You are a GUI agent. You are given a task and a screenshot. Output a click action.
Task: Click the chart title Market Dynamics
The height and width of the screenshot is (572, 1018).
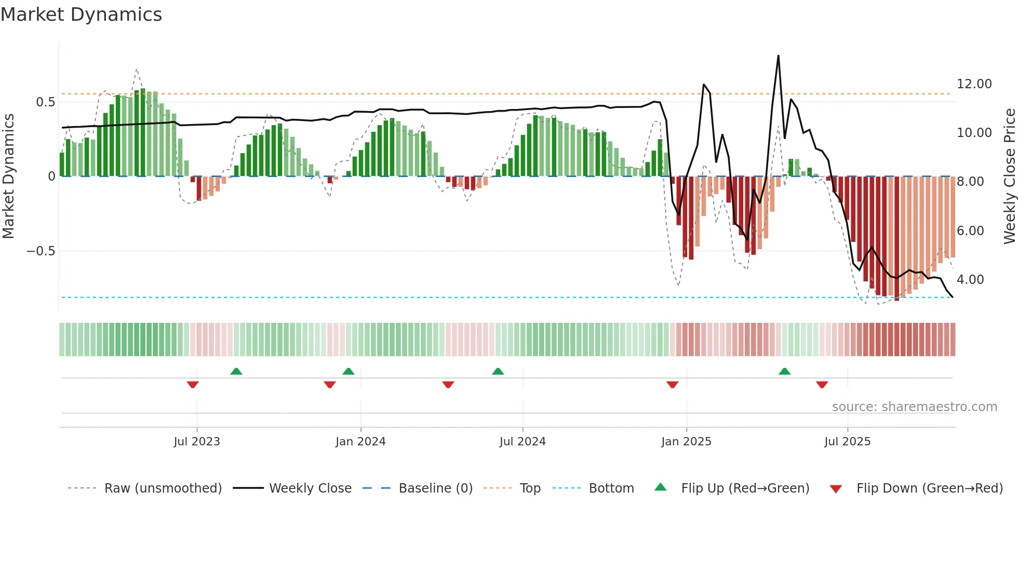pos(82,15)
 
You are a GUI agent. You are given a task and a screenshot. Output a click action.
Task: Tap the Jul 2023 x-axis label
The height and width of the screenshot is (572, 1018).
pos(197,442)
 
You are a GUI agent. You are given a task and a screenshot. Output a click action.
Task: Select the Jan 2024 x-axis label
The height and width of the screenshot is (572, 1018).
pos(360,442)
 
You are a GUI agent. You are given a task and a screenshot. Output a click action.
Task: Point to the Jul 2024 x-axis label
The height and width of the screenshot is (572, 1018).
pos(523,442)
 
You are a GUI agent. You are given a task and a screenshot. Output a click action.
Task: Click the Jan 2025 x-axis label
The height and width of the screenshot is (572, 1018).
pos(686,442)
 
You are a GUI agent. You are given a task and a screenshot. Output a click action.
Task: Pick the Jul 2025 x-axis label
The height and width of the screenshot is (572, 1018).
pos(847,442)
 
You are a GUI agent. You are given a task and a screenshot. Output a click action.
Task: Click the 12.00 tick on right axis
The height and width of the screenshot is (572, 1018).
pos(974,84)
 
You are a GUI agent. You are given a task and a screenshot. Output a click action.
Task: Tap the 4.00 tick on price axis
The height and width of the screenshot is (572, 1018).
pos(970,280)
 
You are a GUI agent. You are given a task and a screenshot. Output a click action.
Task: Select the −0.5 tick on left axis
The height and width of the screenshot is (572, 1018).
pos(41,251)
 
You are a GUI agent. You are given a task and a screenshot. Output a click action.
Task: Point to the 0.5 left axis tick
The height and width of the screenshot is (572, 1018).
pos(45,102)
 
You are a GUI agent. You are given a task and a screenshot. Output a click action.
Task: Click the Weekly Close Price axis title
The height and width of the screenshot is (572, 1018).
pos(1009,176)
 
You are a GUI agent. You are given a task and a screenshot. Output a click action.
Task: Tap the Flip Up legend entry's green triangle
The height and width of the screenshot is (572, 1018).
pos(660,487)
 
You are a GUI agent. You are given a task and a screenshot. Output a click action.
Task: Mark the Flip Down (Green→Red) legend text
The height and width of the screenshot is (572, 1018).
pos(929,488)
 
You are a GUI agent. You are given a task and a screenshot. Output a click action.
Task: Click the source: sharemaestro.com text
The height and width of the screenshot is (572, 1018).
pos(914,407)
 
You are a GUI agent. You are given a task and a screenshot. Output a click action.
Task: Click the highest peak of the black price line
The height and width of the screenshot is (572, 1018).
pos(778,56)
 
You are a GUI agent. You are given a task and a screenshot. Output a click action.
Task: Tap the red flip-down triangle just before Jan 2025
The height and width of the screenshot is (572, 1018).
pos(672,385)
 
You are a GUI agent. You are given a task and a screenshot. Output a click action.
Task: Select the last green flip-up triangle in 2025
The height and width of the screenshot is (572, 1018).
pos(784,371)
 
